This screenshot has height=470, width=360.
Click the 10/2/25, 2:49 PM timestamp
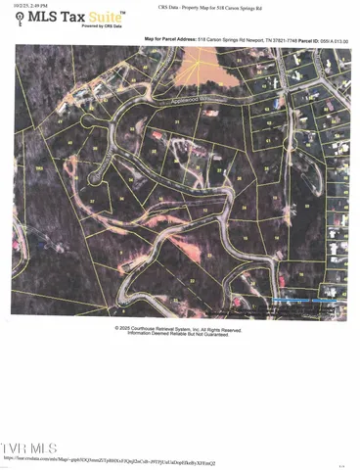point(30,5)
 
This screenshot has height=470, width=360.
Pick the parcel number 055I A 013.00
point(337,40)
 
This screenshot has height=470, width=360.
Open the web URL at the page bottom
point(110,458)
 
